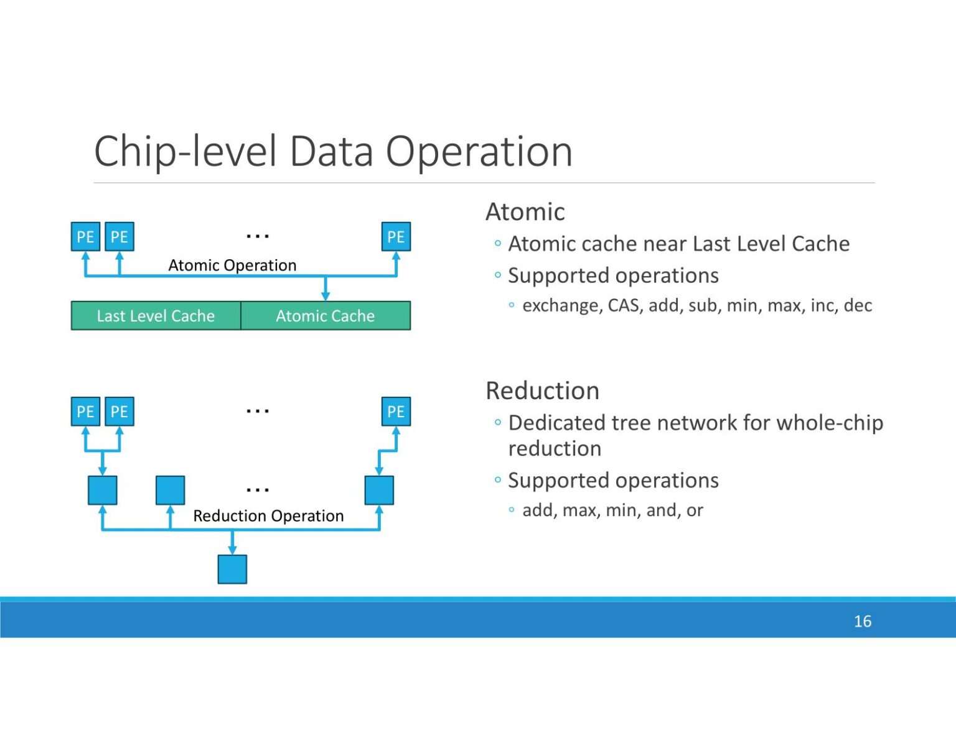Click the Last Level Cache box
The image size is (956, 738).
point(156,316)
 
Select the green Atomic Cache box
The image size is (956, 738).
point(325,316)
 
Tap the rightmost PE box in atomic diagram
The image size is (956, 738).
point(396,237)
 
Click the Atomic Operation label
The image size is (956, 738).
point(232,265)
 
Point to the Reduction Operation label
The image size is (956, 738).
point(268,516)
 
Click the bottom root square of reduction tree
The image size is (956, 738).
point(232,569)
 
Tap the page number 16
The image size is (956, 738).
point(862,621)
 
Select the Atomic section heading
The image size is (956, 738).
point(525,212)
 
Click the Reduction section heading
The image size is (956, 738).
point(542,391)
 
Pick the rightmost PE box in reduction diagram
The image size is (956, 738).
point(396,412)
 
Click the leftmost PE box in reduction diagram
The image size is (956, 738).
point(85,412)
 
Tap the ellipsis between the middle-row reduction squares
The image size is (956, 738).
point(257,490)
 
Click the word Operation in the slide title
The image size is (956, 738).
point(479,152)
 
